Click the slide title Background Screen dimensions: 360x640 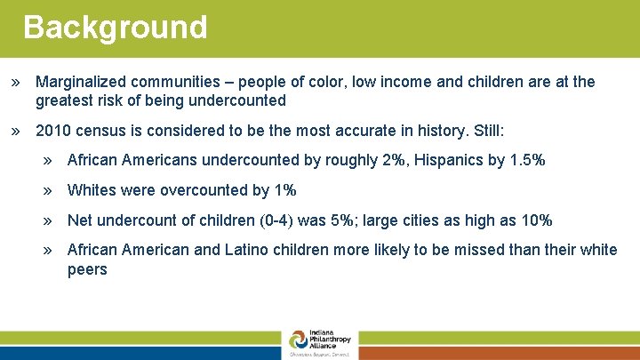115,27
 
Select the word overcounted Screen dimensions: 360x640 204,190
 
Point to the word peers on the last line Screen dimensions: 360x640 87,269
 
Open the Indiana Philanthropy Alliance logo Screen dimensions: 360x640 320,343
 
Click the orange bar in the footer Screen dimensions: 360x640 499,353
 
